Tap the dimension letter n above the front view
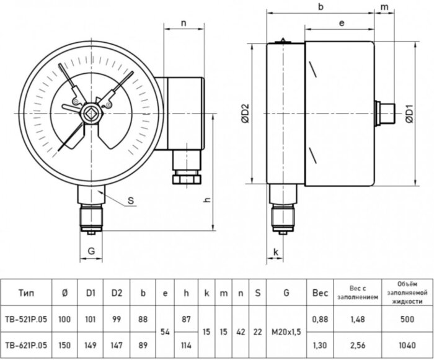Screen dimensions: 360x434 click(x=184, y=23)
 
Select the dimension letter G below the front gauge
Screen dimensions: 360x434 click(x=91, y=251)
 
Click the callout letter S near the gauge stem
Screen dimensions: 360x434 click(x=130, y=201)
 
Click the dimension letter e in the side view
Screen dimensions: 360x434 click(x=342, y=23)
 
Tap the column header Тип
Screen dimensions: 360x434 click(x=29, y=293)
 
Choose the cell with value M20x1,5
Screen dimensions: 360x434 click(x=285, y=331)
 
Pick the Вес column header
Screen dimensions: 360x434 click(x=320, y=293)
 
